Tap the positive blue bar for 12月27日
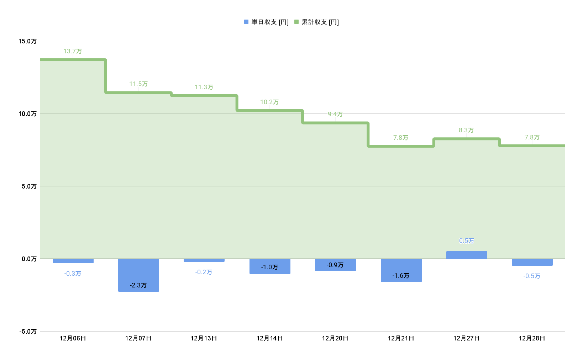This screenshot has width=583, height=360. point(467,255)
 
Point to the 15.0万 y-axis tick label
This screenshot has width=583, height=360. point(27,41)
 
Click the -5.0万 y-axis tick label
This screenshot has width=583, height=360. point(27,332)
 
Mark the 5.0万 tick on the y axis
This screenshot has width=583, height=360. point(29,186)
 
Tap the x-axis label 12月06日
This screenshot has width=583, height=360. point(73,338)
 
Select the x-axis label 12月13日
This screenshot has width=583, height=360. point(204,338)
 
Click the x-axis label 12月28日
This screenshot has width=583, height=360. point(532,338)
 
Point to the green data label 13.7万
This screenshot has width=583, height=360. point(73,51)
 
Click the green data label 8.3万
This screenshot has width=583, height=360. point(466,130)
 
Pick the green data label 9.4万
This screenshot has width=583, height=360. point(335,114)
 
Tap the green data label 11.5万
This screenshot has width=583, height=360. point(138,84)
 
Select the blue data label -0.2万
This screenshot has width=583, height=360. point(204,272)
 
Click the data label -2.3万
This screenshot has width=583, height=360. point(138,285)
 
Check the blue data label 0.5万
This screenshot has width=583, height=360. point(466,241)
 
